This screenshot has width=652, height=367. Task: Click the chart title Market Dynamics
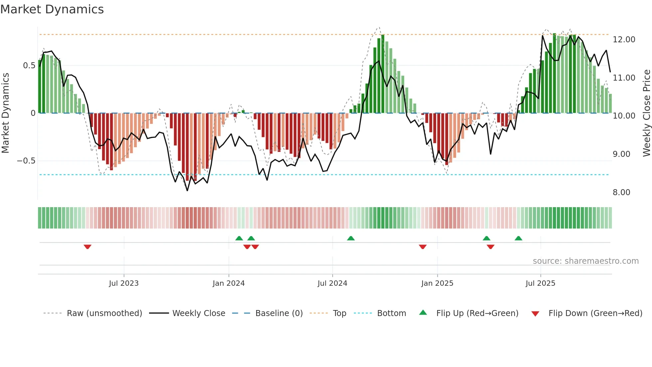pyautogui.click(x=52, y=9)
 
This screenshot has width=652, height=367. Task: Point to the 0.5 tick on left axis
pyautogui.click(x=29, y=66)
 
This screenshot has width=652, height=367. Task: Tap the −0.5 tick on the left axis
pyautogui.click(x=26, y=161)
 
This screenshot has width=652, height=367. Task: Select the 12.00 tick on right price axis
pyautogui.click(x=624, y=40)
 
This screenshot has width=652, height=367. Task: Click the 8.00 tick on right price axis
pyautogui.click(x=621, y=192)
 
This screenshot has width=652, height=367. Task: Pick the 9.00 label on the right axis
pyautogui.click(x=621, y=154)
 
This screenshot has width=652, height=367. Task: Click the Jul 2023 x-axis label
pyautogui.click(x=124, y=283)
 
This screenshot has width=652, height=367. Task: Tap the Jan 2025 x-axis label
pyautogui.click(x=437, y=283)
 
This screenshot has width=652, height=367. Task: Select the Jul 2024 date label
pyautogui.click(x=332, y=283)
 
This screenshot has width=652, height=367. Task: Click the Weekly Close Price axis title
pyautogui.click(x=646, y=113)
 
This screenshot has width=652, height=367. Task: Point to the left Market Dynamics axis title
pyautogui.click(x=5, y=113)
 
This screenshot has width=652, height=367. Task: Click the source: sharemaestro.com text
pyautogui.click(x=585, y=261)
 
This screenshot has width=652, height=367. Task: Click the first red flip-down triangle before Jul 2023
pyautogui.click(x=87, y=247)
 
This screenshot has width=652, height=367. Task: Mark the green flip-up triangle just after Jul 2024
pyautogui.click(x=351, y=238)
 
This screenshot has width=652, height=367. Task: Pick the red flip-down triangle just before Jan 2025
pyautogui.click(x=422, y=247)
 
